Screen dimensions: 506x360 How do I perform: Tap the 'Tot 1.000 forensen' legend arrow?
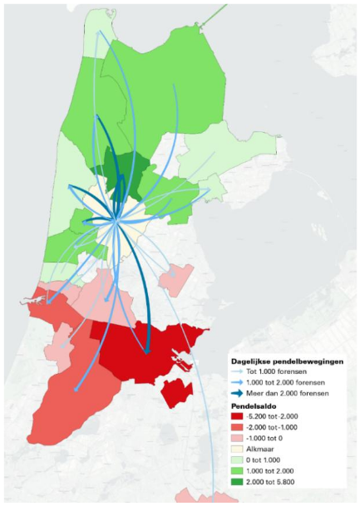[x=243, y=374]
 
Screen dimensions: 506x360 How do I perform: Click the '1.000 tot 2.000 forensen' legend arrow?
[x=243, y=384]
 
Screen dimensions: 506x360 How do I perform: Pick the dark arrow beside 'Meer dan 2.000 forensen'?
[x=243, y=395]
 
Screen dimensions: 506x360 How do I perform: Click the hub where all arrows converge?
[x=116, y=220]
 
